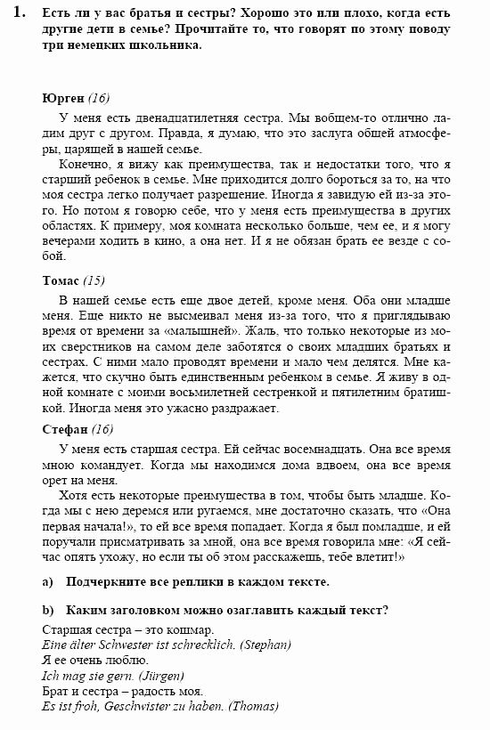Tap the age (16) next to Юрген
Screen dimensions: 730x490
(x=98, y=98)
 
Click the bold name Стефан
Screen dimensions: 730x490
(x=63, y=429)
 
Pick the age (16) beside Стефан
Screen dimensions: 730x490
(x=102, y=429)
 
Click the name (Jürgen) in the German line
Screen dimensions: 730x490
(x=156, y=676)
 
